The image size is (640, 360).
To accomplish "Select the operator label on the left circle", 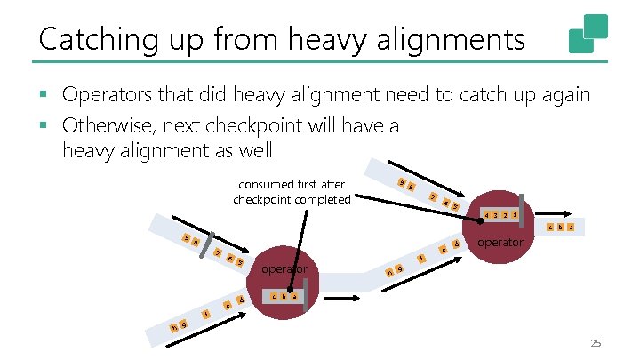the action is pyautogui.click(x=284, y=269).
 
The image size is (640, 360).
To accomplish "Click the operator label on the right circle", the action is pyautogui.click(x=500, y=242).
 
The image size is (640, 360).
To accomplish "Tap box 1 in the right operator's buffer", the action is pyautogui.click(x=515, y=215).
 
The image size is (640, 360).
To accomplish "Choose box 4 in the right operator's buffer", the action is pyautogui.click(x=485, y=215).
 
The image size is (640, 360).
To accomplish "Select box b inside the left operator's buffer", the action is pyautogui.click(x=284, y=296).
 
